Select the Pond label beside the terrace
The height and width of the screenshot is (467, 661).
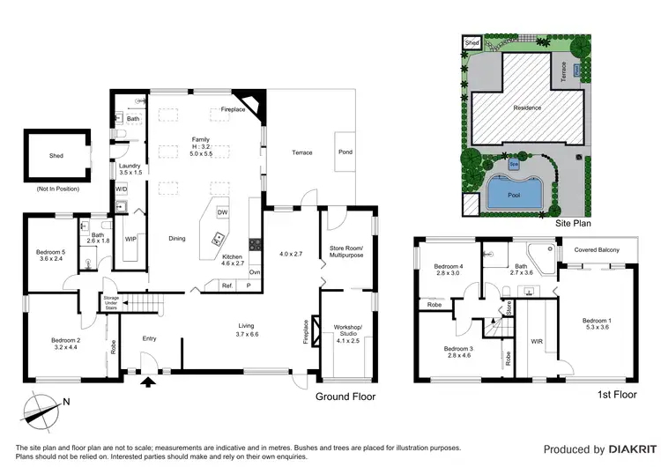(x=345, y=152)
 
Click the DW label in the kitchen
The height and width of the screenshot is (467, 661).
(x=222, y=212)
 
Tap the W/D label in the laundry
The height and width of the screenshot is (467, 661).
(x=121, y=189)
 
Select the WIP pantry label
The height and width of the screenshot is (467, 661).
(x=130, y=239)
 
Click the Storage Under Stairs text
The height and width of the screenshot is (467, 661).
(x=111, y=301)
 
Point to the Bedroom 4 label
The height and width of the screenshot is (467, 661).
(x=449, y=271)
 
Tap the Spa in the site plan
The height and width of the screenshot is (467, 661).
(x=513, y=164)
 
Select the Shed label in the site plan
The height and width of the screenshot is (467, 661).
(x=472, y=42)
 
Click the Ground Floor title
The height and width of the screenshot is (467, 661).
(x=345, y=397)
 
